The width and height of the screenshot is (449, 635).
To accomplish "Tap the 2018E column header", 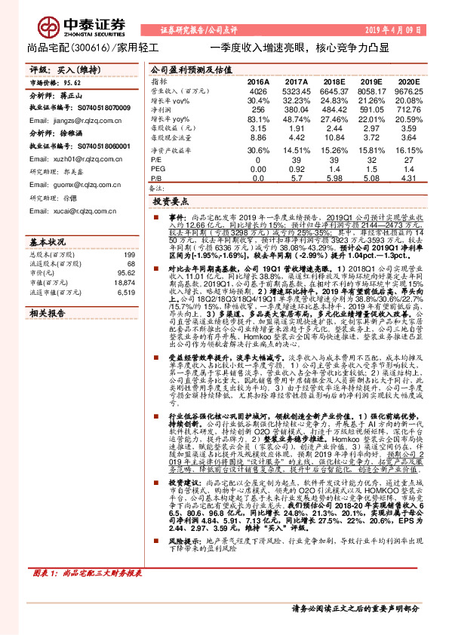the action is (x=332, y=81).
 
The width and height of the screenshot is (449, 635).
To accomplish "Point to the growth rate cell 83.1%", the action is (x=258, y=119).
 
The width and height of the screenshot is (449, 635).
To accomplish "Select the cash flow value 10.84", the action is (x=332, y=138).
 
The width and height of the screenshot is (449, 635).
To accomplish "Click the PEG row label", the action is (x=158, y=169).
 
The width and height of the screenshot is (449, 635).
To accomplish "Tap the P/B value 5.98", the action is (x=332, y=178).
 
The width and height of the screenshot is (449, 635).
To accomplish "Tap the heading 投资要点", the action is (x=170, y=203).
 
